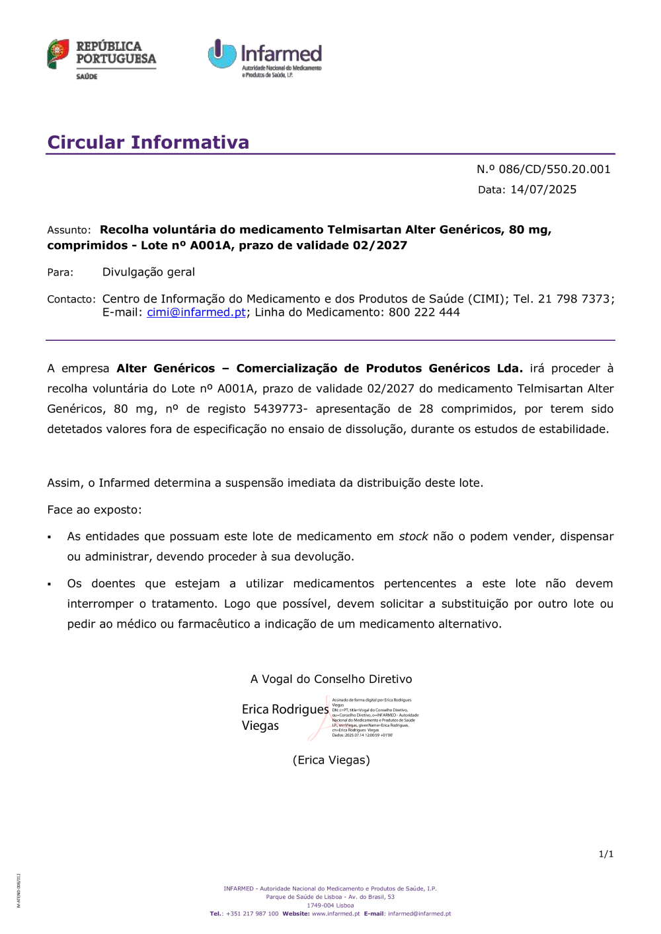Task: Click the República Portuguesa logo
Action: pos(101,59)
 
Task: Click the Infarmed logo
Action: pos(265,57)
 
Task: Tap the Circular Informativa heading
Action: pos(148,143)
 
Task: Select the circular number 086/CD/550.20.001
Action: pos(554,169)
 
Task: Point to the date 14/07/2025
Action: pos(543,190)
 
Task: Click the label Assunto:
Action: pos(69,230)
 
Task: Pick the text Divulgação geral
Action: pos(149,272)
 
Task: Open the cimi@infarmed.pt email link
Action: pos(196,312)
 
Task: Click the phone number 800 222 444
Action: pos(424,312)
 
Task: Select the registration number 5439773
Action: pos(278,409)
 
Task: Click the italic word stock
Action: pos(413,536)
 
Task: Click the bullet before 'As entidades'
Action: pos(50,538)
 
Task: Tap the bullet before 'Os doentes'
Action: pos(50,585)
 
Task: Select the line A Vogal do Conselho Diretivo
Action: pos(331,679)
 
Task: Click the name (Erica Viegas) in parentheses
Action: pos(331,760)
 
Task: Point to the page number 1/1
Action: pos(606,854)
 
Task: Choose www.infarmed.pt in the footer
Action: pos(336,914)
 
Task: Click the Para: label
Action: pos(60,272)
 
